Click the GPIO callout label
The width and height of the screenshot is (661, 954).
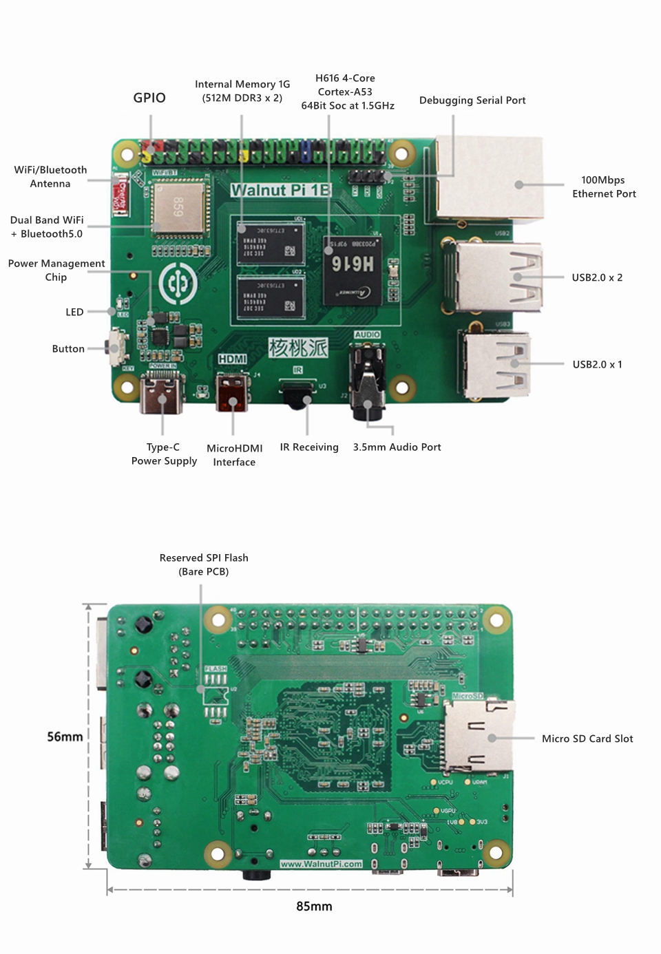click(x=149, y=98)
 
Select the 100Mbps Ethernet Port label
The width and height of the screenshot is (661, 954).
click(x=603, y=187)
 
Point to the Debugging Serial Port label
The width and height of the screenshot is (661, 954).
click(x=472, y=100)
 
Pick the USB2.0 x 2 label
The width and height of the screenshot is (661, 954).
click(x=597, y=277)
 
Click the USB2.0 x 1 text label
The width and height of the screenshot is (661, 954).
click(x=597, y=364)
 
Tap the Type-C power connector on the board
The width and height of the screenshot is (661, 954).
click(x=162, y=394)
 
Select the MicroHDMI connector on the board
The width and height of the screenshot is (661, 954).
click(x=232, y=392)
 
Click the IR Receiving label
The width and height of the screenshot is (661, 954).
click(x=309, y=447)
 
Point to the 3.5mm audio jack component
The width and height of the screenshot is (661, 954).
click(x=368, y=383)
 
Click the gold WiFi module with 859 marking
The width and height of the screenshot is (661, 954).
click(x=178, y=207)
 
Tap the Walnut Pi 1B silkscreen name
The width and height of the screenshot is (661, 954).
click(x=280, y=190)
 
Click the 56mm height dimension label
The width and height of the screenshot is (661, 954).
click(x=65, y=736)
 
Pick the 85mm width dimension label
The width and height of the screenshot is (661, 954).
click(x=314, y=907)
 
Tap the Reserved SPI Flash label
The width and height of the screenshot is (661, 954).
click(x=204, y=564)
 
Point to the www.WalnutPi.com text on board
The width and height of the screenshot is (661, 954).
click(x=321, y=864)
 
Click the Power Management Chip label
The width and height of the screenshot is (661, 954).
click(x=56, y=270)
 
